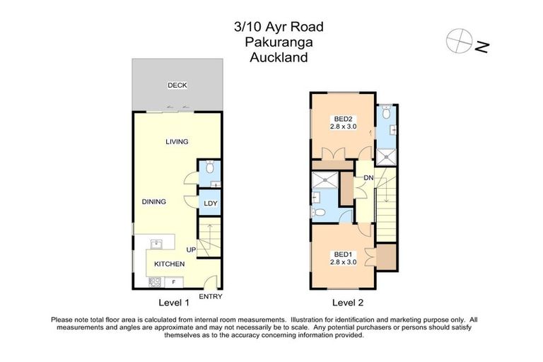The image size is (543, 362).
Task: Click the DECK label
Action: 177,85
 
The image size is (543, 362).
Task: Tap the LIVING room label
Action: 177,142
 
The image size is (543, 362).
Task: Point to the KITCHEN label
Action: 169,264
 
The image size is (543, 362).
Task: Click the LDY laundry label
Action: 210,204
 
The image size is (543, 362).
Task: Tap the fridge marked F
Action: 174,281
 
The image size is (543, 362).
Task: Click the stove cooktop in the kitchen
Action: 153,281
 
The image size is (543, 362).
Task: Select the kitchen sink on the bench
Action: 157,245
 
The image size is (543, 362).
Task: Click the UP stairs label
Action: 191,250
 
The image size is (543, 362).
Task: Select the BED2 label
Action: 344,118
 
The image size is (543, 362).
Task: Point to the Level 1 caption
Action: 174,303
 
